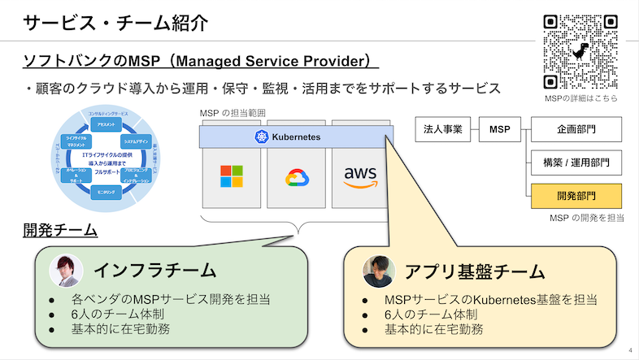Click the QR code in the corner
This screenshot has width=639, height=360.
tap(580, 51)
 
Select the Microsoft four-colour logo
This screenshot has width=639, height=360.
tap(232, 176)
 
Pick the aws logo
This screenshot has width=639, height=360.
tap(360, 176)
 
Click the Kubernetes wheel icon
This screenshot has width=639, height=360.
tap(262, 137)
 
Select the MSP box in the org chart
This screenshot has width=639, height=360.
tap(500, 129)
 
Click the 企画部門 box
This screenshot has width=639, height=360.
tap(576, 129)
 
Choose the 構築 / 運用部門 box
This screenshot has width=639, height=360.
tap(576, 163)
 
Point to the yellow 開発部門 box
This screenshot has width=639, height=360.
tap(576, 196)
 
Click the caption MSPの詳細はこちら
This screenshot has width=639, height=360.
tap(580, 98)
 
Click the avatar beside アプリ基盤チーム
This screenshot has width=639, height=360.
tap(374, 270)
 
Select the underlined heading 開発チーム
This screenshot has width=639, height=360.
tap(60, 231)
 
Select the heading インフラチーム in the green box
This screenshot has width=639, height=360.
tap(154, 270)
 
